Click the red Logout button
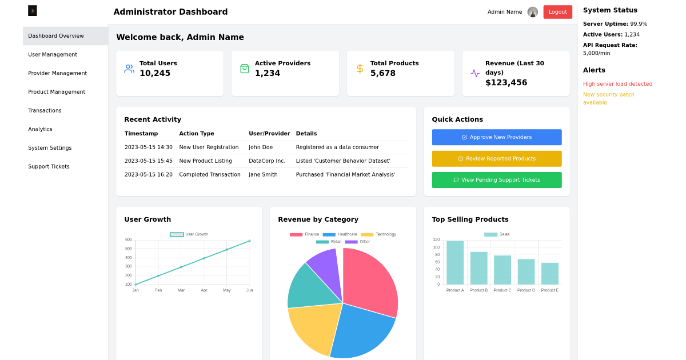point(557,12)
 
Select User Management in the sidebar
point(53,55)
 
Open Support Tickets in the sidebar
point(49,167)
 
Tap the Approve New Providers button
point(496,137)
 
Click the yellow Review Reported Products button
point(496,159)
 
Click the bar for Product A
point(455,263)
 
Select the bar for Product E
point(549,274)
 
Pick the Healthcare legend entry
point(341,234)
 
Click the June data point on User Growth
point(249,241)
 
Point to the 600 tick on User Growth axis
point(128,240)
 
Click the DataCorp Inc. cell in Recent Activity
point(266,161)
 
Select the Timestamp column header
point(141,134)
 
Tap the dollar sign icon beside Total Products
point(360,69)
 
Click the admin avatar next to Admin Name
point(532,12)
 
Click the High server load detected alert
point(617,84)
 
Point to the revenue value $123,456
point(506,83)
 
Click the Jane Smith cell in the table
point(263,175)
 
